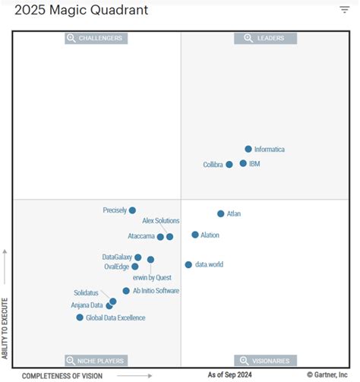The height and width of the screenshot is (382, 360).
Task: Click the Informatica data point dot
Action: [x=248, y=150]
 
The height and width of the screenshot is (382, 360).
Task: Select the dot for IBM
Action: [x=243, y=163]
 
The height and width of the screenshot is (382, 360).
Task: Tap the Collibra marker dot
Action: [x=229, y=164]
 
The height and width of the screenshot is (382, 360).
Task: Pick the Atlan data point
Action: [x=221, y=214]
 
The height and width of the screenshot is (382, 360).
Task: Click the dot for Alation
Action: [x=195, y=235]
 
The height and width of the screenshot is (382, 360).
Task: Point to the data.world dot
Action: [x=188, y=265]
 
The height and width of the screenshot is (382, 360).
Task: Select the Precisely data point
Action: [x=132, y=210]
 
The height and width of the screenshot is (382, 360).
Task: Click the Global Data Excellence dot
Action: [x=80, y=317]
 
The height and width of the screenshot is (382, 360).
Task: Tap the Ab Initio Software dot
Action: [x=126, y=291]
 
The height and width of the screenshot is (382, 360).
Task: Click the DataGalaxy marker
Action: [x=137, y=257]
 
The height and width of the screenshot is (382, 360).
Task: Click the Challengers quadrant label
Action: [x=96, y=38]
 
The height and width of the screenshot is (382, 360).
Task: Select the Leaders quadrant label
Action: [x=265, y=38]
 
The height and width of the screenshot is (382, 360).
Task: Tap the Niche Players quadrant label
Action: [x=96, y=360]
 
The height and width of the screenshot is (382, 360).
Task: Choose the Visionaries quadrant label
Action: [x=265, y=360]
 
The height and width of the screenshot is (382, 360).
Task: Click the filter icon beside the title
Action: [x=344, y=10]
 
